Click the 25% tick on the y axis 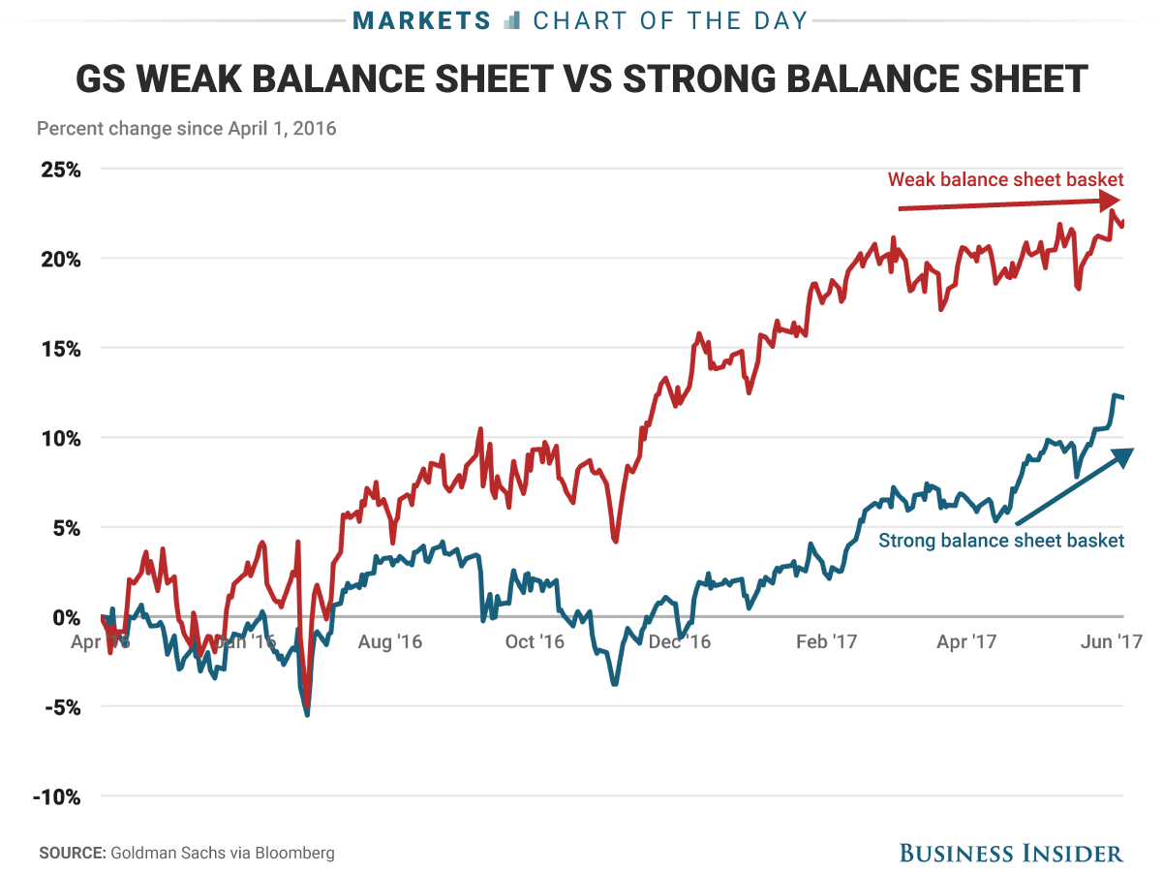(x=60, y=170)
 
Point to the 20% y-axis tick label (x=60, y=259)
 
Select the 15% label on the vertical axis (x=60, y=349)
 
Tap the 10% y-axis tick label (x=60, y=438)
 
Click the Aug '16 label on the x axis (x=390, y=641)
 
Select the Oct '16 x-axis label (x=536, y=641)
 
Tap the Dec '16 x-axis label (x=679, y=641)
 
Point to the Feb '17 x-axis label (x=825, y=641)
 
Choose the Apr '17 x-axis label (x=968, y=641)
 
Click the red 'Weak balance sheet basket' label (x=1005, y=179)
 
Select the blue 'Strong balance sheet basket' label (x=1001, y=541)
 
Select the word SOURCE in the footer (x=72, y=853)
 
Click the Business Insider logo (x=1011, y=853)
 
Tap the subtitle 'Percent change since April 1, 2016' (x=186, y=128)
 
